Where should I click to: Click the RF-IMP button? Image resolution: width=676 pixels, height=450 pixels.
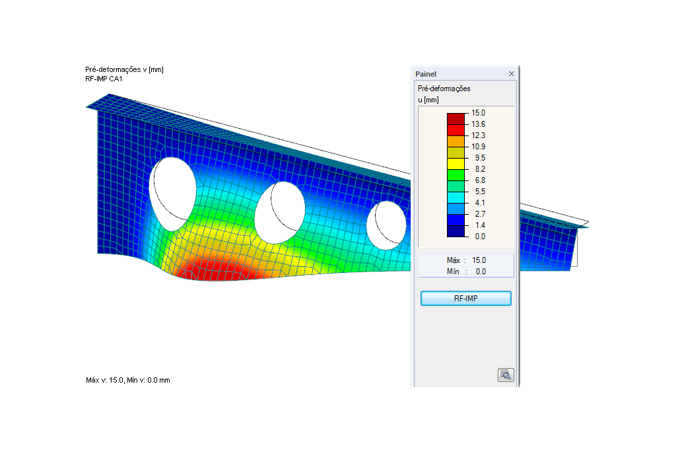pos(465,298)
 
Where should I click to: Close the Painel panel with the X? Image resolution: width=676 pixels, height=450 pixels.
pos(512,74)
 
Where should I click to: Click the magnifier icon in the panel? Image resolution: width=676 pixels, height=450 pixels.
pos(505,375)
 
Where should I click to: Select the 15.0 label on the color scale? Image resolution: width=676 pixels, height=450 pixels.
pos(478,113)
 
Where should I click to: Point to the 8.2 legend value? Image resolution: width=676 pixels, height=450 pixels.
pos(480,169)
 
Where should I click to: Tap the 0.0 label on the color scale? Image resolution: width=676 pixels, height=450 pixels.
pos(480,237)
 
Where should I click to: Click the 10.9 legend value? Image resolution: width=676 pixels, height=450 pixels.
pos(478,147)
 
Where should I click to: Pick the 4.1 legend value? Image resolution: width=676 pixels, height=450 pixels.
pos(480,203)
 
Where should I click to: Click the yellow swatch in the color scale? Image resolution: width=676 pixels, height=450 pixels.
pos(456,163)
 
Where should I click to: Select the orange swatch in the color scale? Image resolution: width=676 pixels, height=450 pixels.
pos(456,141)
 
